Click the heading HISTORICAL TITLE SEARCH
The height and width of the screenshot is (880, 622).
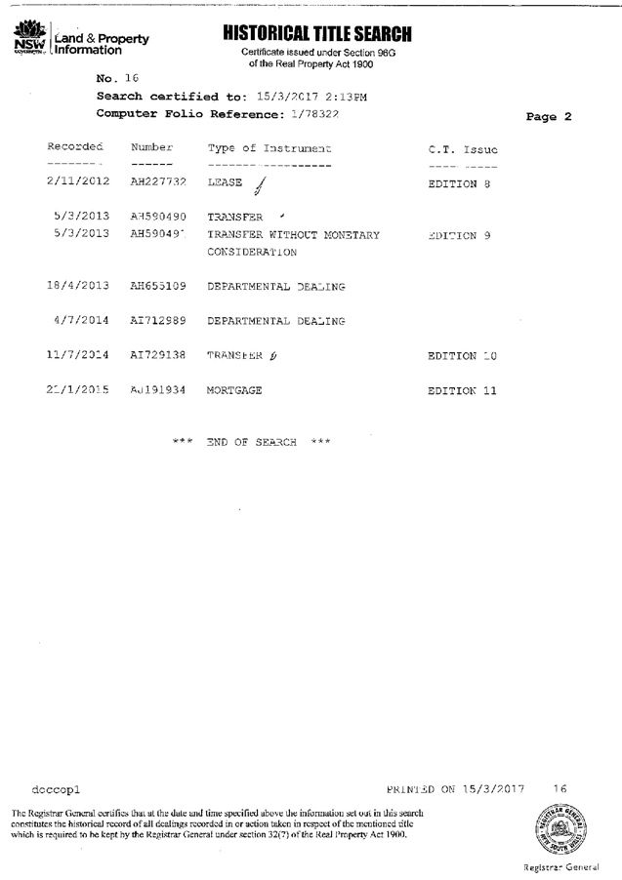(317, 34)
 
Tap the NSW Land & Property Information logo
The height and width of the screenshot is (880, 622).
(80, 39)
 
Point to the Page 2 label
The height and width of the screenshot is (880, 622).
(548, 117)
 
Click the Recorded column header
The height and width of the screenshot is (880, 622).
(75, 148)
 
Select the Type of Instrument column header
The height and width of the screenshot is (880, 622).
(270, 148)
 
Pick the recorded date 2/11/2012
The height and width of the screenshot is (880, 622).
(78, 181)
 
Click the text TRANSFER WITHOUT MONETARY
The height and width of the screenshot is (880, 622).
(294, 235)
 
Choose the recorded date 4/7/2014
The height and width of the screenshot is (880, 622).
(82, 320)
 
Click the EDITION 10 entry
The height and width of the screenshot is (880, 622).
(462, 356)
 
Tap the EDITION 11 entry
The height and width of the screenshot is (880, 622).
(462, 391)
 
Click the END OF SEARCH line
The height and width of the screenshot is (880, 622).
(252, 443)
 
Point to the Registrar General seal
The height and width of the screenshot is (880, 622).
(560, 830)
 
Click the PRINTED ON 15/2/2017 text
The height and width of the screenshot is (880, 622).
(455, 788)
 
